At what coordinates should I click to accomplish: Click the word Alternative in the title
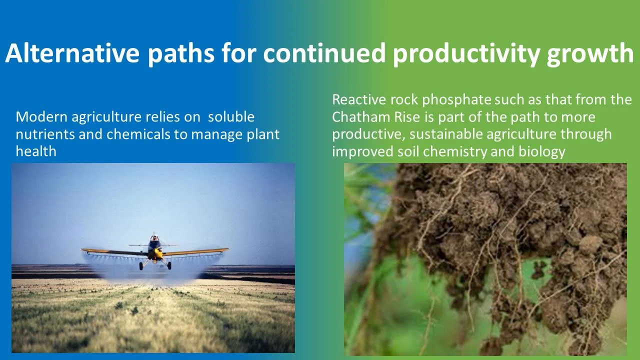point(72,53)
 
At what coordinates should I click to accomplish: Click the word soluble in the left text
point(231,117)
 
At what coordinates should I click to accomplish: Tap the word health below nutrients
point(36,151)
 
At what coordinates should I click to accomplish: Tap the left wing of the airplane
point(112,251)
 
